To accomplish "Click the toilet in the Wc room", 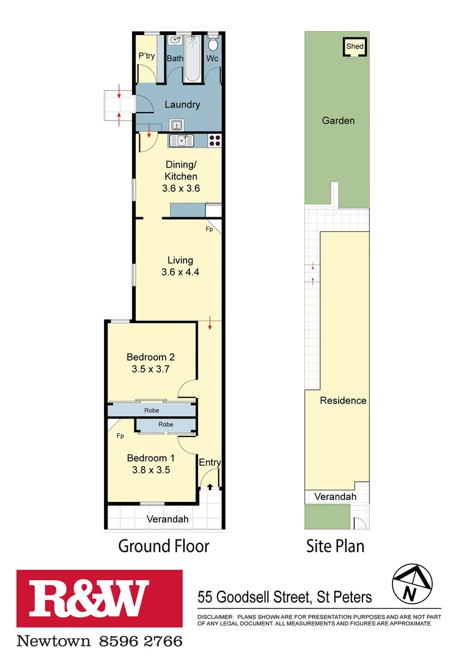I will tap(213, 45).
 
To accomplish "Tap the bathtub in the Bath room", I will tap(194, 58).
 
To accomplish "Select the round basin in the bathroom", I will tap(175, 41).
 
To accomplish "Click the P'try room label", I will tap(147, 56).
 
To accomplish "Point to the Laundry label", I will tap(182, 105).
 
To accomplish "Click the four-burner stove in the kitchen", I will tap(215, 141).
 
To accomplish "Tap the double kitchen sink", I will tap(182, 141).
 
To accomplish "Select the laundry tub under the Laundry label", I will tap(177, 125).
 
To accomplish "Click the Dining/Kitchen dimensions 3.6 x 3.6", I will tap(181, 189).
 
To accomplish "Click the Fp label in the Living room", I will tap(209, 229).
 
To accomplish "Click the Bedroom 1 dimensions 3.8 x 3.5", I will tap(150, 470).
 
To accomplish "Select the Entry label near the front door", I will tap(210, 463).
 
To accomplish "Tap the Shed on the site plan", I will tap(355, 47).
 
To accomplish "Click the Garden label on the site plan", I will tap(338, 121).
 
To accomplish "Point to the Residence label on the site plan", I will tap(343, 400).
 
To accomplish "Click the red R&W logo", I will tap(99, 600).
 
